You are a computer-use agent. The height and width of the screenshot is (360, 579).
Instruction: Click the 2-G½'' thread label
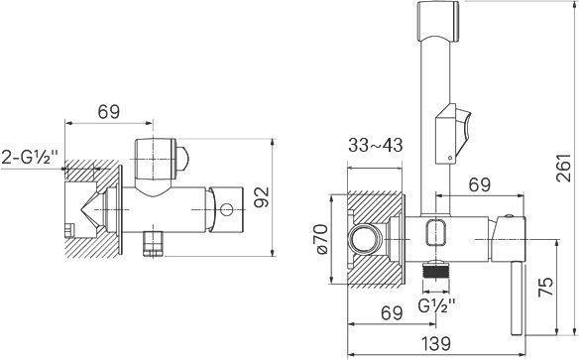(30, 158)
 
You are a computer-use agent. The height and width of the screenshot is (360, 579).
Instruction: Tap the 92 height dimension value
(263, 196)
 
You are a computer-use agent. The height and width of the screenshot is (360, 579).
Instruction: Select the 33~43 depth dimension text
(376, 145)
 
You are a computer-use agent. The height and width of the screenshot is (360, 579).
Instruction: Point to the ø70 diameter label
(322, 239)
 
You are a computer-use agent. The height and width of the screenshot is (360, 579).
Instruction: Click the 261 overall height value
(563, 168)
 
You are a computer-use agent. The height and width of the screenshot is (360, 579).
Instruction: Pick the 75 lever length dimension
(546, 287)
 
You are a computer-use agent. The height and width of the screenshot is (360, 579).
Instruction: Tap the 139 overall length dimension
(436, 343)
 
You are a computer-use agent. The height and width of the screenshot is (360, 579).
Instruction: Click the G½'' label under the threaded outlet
(437, 305)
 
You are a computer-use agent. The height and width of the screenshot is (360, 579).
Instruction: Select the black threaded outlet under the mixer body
(436, 271)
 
